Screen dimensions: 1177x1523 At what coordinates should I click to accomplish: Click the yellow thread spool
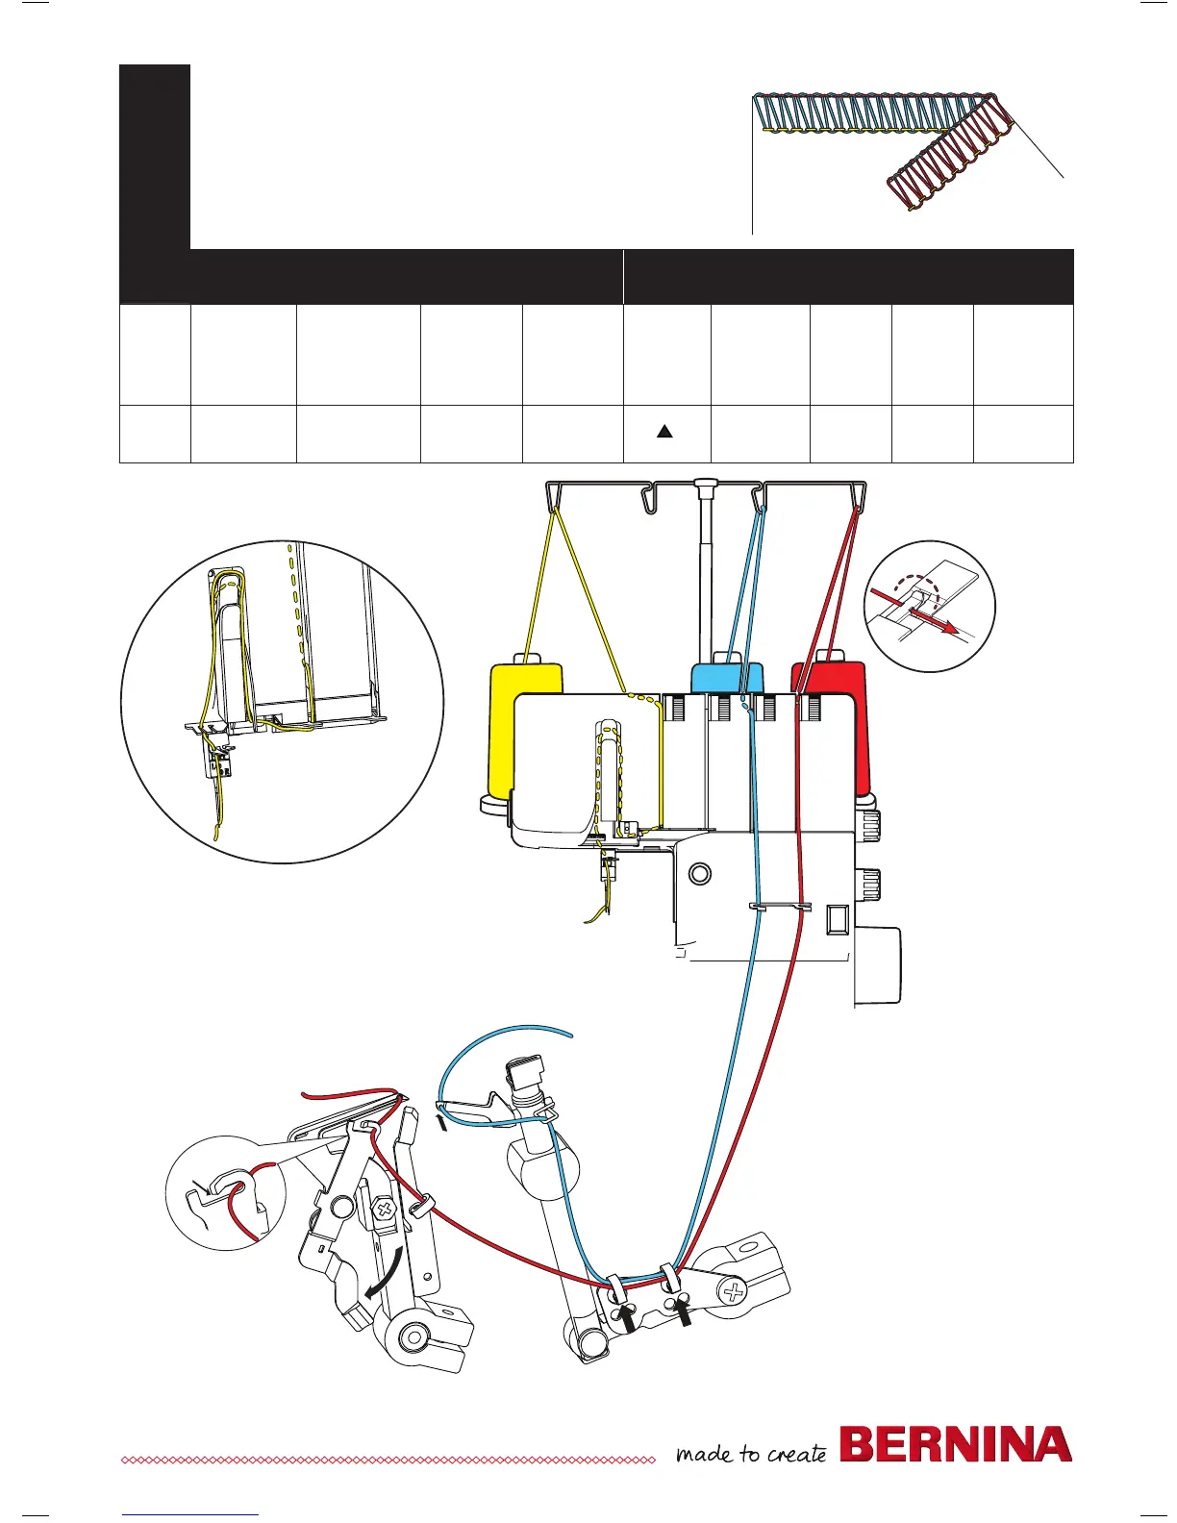(525, 731)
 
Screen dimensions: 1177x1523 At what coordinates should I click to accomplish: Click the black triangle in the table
(664, 433)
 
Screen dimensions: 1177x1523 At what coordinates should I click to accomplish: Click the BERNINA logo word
(956, 1445)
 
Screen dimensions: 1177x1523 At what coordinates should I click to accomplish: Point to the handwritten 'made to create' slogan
(751, 1453)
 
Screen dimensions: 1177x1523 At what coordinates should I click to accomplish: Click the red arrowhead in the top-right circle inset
(951, 628)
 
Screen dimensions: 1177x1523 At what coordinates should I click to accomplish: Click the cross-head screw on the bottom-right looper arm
(734, 1291)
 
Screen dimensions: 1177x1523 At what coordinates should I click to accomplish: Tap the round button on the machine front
(700, 873)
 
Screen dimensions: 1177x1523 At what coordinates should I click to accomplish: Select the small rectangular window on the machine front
(836, 920)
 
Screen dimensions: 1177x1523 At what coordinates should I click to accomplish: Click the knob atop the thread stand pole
(708, 482)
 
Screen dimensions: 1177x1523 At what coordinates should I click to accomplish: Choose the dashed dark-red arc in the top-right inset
(914, 593)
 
